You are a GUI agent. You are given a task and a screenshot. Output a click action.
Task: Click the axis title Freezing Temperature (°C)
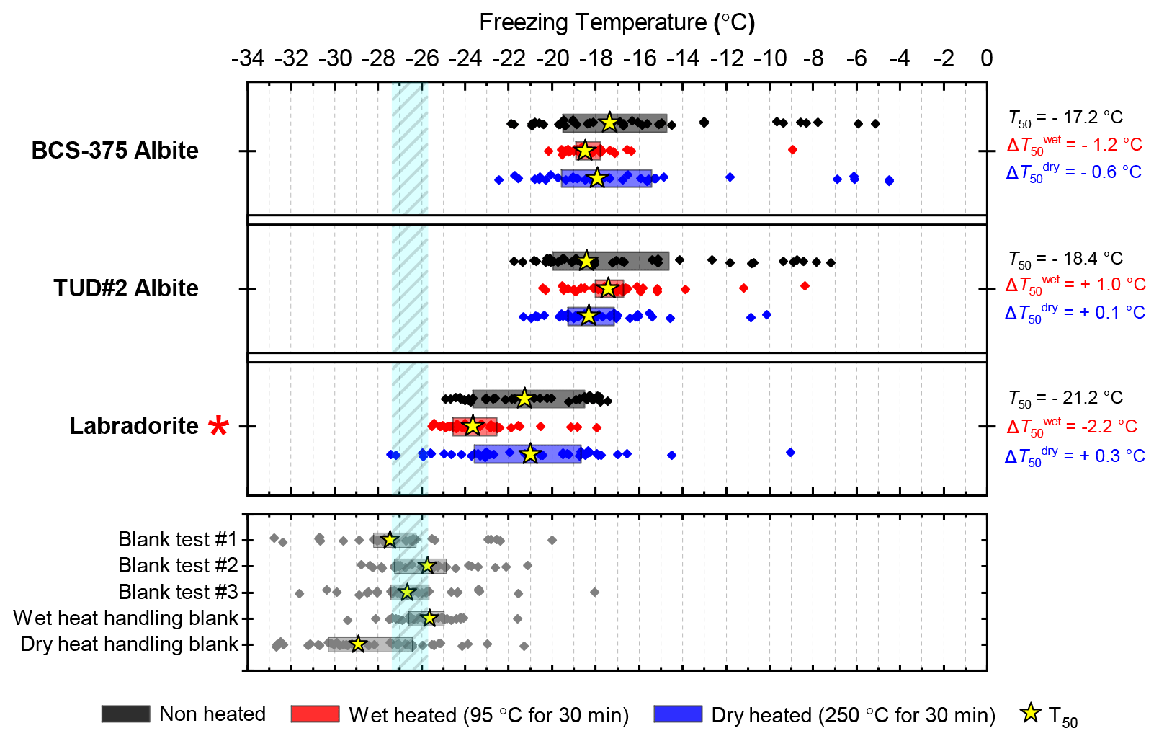(x=617, y=23)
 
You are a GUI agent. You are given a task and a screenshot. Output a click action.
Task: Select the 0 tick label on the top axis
(x=986, y=58)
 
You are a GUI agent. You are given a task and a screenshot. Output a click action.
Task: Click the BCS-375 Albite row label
(x=115, y=151)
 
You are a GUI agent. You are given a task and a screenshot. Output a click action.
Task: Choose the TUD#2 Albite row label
(x=125, y=288)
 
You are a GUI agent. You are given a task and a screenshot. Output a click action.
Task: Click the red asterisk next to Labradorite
(x=218, y=426)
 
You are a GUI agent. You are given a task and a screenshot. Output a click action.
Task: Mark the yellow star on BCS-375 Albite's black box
(x=609, y=122)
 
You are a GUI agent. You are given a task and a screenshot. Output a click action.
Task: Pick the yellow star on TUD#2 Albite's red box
(x=608, y=288)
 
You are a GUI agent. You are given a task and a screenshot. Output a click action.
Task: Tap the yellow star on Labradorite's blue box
(x=530, y=454)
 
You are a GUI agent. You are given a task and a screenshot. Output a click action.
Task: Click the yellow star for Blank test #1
(x=390, y=539)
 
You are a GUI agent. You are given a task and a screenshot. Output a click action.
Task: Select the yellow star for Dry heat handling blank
(x=358, y=644)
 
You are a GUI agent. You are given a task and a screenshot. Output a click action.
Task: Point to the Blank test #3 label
(x=178, y=592)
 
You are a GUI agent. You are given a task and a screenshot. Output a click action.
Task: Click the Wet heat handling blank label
(x=125, y=618)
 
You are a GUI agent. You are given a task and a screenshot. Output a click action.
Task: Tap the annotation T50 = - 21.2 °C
(x=1065, y=398)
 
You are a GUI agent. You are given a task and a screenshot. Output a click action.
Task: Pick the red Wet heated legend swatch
(x=315, y=714)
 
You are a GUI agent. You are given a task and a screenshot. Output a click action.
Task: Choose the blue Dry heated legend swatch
(x=678, y=714)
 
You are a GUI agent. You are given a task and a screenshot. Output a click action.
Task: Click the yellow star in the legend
(x=1031, y=714)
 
